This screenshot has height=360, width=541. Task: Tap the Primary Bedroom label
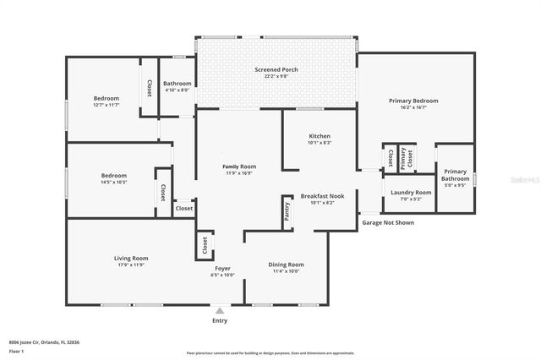coord(413,101)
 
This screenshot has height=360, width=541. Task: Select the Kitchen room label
coord(320,136)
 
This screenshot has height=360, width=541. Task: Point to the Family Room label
coord(239,166)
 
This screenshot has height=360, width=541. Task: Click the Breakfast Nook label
coord(322,196)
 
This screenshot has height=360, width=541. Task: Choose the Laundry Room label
coord(411,192)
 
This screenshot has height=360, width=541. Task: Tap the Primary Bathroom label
coord(455,174)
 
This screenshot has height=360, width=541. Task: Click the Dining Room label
coord(286,265)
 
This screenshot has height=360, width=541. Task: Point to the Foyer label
coord(221,269)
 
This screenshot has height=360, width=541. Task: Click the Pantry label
coord(287,211)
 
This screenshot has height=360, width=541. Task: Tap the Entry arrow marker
coord(220,311)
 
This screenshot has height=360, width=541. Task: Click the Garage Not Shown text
coord(388,223)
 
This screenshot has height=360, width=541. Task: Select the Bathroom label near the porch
coord(178,84)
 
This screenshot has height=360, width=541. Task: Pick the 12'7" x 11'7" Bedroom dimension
coord(107,106)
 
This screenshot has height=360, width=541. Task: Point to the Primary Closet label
coord(406,158)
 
